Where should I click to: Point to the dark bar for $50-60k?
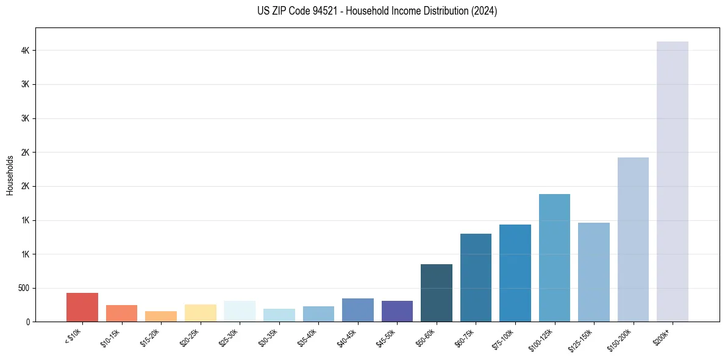tap(437, 293)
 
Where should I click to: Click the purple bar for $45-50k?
tap(397, 311)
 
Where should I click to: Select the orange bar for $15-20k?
tap(161, 316)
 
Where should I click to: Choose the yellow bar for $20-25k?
tap(201, 313)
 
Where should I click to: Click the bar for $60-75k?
tap(476, 278)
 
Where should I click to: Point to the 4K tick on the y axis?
tap(26, 50)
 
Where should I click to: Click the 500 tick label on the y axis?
tap(24, 288)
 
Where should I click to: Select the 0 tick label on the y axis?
tap(28, 322)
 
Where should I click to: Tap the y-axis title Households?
tap(10, 175)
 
